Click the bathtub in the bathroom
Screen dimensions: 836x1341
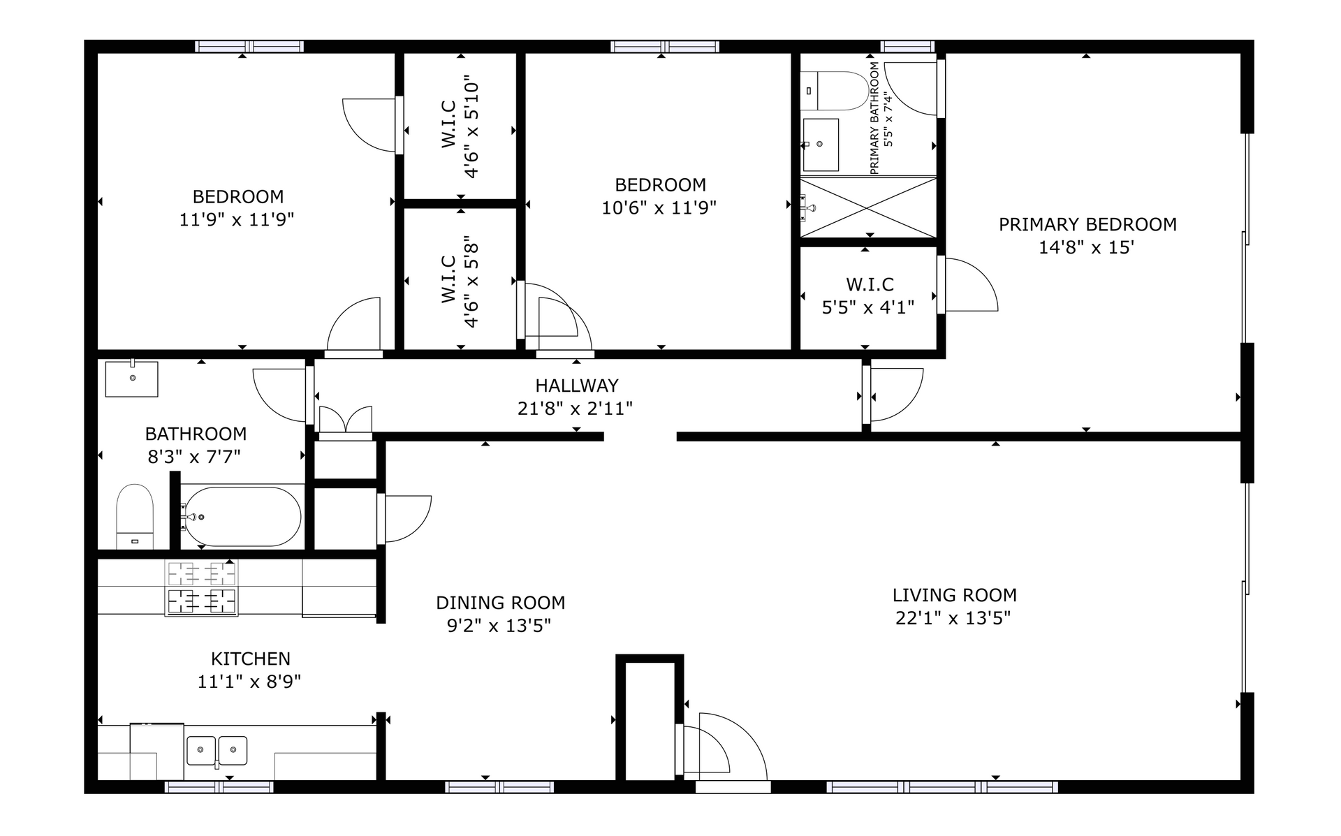pyautogui.click(x=241, y=517)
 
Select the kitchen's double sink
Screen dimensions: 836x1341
pyautogui.click(x=217, y=750)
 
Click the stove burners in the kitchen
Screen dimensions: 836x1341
pyautogui.click(x=201, y=587)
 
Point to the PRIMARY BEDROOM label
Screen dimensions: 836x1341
pyautogui.click(x=1087, y=225)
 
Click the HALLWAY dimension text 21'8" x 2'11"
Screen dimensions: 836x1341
pyautogui.click(x=575, y=409)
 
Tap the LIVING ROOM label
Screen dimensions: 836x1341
pyautogui.click(x=954, y=596)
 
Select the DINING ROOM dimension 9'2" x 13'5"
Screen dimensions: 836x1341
pyautogui.click(x=499, y=626)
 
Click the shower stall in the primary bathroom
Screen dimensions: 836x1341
pyautogui.click(x=868, y=207)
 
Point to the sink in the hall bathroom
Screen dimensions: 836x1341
pyautogui.click(x=132, y=379)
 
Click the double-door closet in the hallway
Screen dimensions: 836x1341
pyautogui.click(x=345, y=422)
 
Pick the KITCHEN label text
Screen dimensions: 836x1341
pyautogui.click(x=250, y=659)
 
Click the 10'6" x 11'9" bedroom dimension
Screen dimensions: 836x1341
pyautogui.click(x=659, y=208)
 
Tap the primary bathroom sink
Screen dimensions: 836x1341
pyautogui.click(x=820, y=145)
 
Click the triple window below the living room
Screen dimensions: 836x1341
pyautogui.click(x=942, y=787)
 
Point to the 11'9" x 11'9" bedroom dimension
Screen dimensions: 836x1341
pyautogui.click(x=237, y=220)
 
